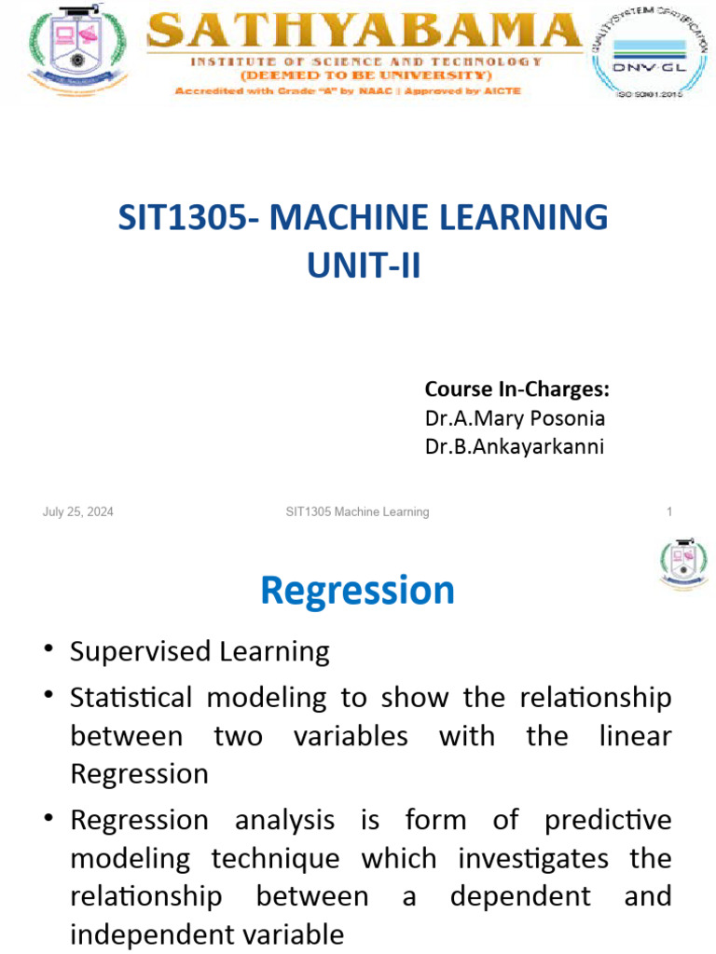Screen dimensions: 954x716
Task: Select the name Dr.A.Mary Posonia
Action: (515, 417)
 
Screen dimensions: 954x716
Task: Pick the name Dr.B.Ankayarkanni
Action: (515, 446)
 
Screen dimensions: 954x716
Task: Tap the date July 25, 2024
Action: (78, 511)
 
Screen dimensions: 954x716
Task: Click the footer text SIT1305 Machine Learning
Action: (357, 511)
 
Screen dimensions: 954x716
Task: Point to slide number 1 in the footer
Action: (669, 511)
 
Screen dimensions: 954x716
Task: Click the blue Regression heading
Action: (357, 590)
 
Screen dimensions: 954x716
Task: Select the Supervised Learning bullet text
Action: (200, 651)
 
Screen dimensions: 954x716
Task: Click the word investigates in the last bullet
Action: (543, 858)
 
